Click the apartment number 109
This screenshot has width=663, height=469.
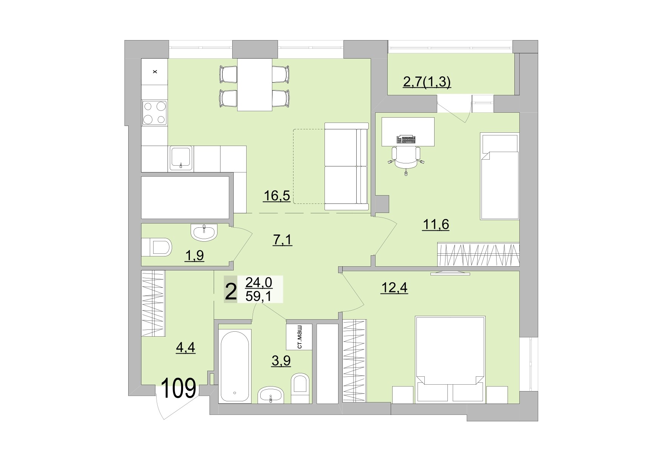[x=179, y=389]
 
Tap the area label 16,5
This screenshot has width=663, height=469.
[x=277, y=196]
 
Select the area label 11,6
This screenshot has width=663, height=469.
[x=435, y=224]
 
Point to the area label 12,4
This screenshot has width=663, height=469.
[x=394, y=288]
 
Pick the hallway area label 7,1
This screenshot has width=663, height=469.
[x=282, y=240]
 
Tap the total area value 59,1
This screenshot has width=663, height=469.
[x=258, y=296]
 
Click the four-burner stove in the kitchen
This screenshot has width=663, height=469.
[x=154, y=113]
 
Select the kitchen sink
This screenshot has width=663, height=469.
[x=181, y=158]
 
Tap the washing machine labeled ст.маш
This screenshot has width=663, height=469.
[x=299, y=337]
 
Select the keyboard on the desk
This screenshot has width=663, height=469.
[x=406, y=140]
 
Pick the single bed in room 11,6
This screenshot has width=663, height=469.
[x=499, y=176]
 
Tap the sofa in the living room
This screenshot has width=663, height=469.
[x=346, y=166]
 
